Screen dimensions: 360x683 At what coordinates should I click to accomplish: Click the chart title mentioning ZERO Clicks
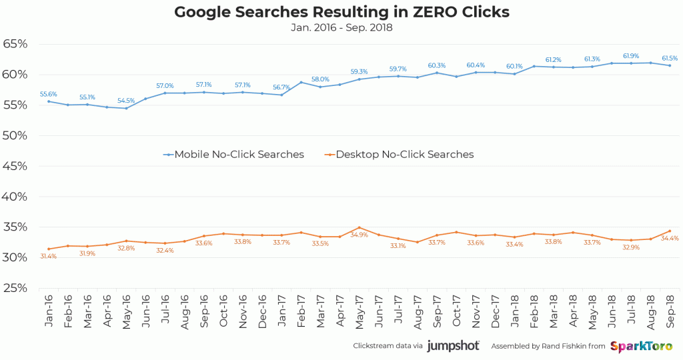point(341,12)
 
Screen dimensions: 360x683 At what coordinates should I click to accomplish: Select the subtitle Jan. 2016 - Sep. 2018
point(341,28)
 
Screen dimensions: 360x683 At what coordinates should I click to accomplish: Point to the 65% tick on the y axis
point(15,44)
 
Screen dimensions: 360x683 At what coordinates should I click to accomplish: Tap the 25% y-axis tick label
point(15,288)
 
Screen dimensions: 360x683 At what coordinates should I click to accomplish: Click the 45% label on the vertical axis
point(15,166)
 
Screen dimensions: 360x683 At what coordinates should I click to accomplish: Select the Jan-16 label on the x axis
point(49,312)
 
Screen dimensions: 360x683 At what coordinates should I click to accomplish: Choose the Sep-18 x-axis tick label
point(670,312)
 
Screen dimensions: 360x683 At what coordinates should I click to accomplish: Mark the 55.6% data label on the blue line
point(48,94)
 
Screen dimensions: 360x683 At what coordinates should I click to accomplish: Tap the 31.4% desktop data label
point(48,257)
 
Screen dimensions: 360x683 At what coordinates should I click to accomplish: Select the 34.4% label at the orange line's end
point(669,238)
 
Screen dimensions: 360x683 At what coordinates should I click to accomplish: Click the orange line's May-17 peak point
point(359,228)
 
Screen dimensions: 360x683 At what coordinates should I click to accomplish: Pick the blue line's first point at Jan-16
point(49,101)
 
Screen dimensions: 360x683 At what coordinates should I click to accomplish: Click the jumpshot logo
point(454,346)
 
